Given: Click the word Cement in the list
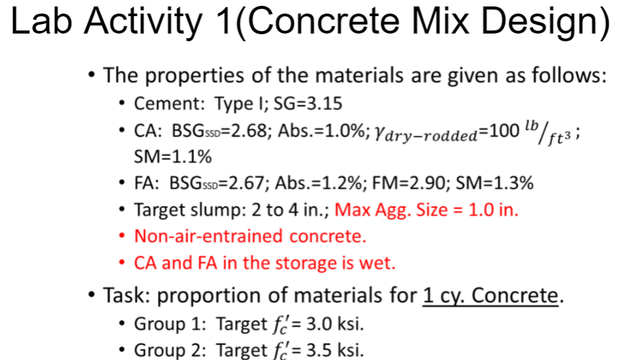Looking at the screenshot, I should pyautogui.click(x=159, y=103).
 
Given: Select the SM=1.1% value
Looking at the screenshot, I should pyautogui.click(x=172, y=157).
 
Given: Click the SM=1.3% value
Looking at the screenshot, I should pyautogui.click(x=494, y=183).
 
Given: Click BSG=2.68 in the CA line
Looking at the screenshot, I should pyautogui.click(x=220, y=131).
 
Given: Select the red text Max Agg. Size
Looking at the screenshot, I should pyautogui.click(x=381, y=210).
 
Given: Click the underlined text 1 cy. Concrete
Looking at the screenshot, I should pyautogui.click(x=490, y=296).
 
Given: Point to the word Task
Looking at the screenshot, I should pyautogui.click(x=127, y=296).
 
